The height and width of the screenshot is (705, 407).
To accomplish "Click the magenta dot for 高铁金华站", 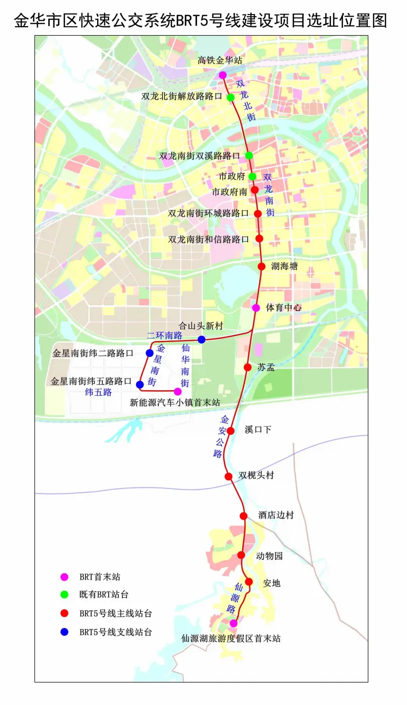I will coord(223,75).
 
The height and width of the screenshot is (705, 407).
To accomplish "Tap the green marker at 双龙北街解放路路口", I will coord(231,97).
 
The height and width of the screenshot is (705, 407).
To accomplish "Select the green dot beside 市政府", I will coord(252,176).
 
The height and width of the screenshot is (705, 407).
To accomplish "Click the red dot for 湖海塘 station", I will coord(261,266).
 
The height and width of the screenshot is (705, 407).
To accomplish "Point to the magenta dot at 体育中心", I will coord(256,308).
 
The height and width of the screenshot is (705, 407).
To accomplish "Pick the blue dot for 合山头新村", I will coord(201,339).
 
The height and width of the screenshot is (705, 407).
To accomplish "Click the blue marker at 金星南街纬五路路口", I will coord(140,385).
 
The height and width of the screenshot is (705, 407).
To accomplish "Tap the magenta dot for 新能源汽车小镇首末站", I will coord(177,391).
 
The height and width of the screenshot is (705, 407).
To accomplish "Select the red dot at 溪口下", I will coord(231,431).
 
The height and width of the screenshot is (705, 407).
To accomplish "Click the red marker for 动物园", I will coord(241,555).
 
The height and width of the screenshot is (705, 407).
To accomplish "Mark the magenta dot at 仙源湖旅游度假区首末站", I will coord(233,623).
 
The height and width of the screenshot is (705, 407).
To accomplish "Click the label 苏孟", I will coord(266,367).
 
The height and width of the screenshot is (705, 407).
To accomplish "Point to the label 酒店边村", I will coord(276,516).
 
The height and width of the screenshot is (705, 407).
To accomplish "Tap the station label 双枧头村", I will coord(256,476).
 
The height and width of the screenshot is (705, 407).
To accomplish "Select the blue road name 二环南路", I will coord(164,335).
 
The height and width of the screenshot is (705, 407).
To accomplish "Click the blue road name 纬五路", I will coord(99,392).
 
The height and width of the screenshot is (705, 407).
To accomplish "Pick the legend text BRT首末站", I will coord(100,577).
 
